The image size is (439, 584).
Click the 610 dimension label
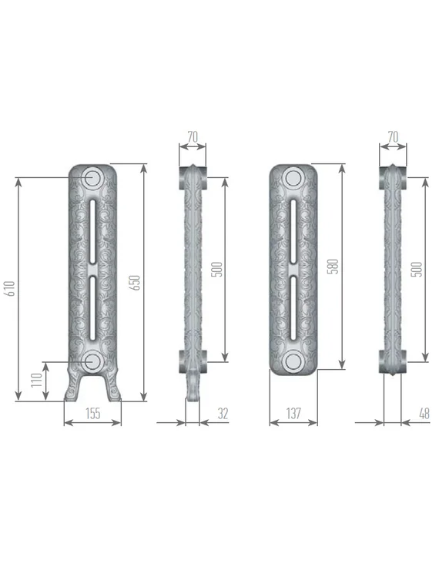tap(9, 289)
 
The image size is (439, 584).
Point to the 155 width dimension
tap(92, 414)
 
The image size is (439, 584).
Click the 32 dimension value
tap(223, 414)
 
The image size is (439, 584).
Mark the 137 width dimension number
tap(293, 414)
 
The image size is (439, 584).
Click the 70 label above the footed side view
tap(193, 137)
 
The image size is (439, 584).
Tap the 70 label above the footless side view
tap(393, 137)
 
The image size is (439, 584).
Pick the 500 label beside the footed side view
tap(218, 269)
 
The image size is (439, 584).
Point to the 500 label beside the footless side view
tap(417, 269)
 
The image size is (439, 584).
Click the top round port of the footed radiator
tap(92, 177)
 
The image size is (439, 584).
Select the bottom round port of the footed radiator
tap(92, 360)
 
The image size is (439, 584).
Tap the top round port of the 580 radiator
tap(293, 179)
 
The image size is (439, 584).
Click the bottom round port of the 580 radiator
tap(293, 362)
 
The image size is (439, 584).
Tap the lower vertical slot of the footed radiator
tap(92, 308)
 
